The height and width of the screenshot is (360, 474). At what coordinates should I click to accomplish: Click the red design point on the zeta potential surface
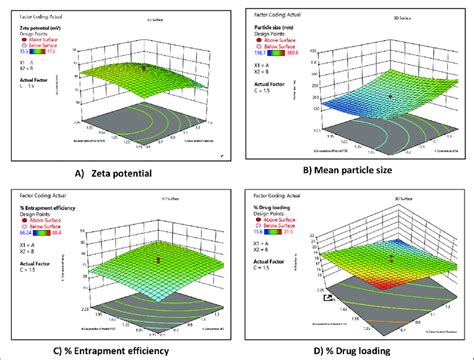(143, 68)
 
